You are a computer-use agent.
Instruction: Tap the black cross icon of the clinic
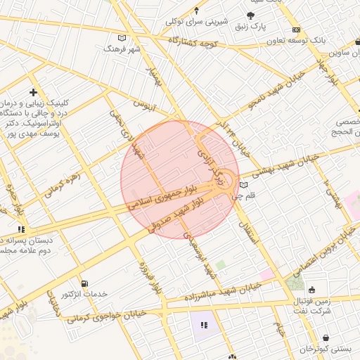[x=33, y=92]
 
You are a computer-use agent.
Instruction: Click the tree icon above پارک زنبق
[x=251, y=15]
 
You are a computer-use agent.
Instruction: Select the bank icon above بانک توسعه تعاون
[x=296, y=30]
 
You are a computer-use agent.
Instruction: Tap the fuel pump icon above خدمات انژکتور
[x=85, y=283]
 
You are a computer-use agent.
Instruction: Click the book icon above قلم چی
[x=244, y=186]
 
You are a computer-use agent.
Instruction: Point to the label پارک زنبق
[x=251, y=26]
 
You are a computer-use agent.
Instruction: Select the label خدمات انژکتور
[x=103, y=293]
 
